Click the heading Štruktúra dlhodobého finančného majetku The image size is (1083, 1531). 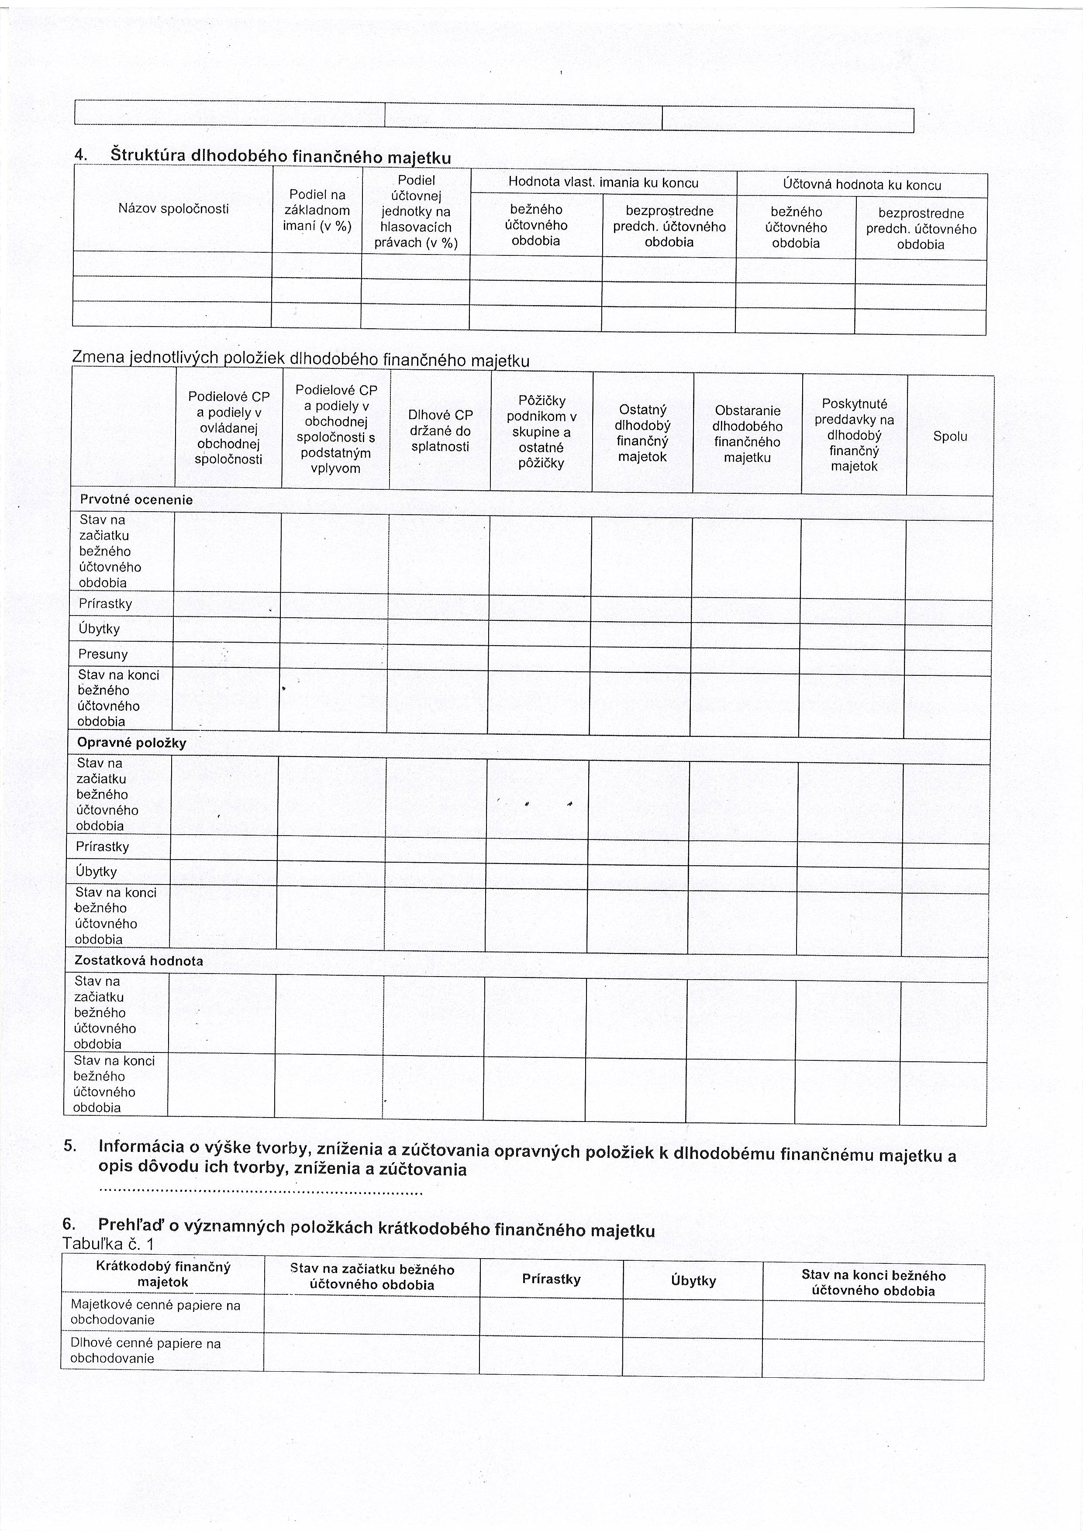tap(280, 157)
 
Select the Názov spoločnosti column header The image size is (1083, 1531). tap(173, 209)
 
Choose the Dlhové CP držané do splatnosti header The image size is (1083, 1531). tap(440, 431)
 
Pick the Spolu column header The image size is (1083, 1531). tap(950, 437)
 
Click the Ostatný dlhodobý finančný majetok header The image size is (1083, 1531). tap(642, 433)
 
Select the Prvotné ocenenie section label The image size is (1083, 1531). tap(136, 499)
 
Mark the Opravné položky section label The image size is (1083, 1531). tap(131, 743)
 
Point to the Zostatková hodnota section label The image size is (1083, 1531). tap(139, 961)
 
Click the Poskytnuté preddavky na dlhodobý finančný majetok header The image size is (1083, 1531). tap(854, 435)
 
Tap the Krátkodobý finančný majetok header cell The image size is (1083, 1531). tap(163, 1274)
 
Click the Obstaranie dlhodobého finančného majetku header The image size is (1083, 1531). tap(747, 434)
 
